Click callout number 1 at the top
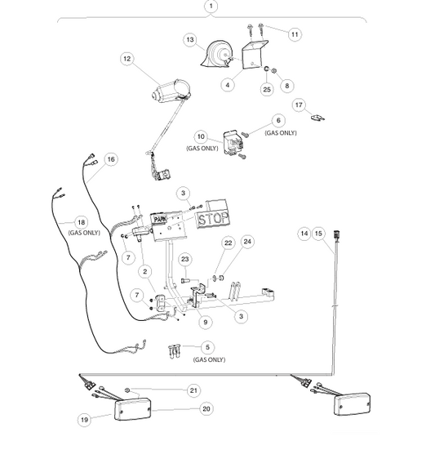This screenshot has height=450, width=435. [x=211, y=7]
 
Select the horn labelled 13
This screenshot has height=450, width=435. [x=218, y=54]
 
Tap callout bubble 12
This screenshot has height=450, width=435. [x=127, y=59]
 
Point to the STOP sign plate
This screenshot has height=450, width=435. [x=213, y=219]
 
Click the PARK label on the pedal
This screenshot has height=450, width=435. [x=159, y=219]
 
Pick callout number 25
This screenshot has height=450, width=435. [x=267, y=89]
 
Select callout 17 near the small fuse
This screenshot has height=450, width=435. [x=299, y=105]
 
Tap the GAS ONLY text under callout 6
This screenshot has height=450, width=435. [x=281, y=133]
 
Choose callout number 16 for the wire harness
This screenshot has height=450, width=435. [x=111, y=159]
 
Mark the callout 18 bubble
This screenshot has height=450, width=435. [x=82, y=222]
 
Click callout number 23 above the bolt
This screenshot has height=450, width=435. [x=185, y=260]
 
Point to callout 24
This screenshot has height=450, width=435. [x=247, y=242]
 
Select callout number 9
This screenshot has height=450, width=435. [x=206, y=322]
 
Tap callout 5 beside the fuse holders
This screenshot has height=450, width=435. [x=207, y=347]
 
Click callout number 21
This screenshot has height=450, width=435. [x=194, y=390]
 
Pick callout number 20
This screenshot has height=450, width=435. [x=206, y=409]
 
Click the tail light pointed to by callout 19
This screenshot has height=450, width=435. [x=132, y=409]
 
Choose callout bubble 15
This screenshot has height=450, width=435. [x=318, y=234]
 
